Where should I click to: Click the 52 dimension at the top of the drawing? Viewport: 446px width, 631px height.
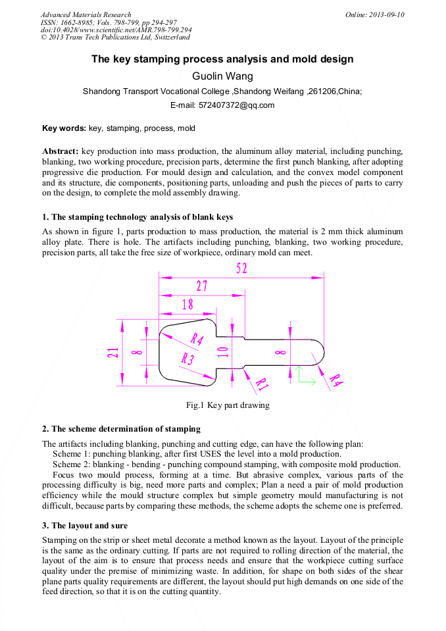point(242,269)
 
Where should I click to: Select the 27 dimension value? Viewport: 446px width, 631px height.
point(201,286)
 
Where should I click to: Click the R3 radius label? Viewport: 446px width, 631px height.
point(187,359)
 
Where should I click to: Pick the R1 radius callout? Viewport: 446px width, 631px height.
point(261,382)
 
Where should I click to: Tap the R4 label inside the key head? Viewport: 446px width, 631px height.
point(197,339)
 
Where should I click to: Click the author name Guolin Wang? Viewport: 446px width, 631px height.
point(222,76)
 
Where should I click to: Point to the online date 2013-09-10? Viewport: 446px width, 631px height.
point(386,14)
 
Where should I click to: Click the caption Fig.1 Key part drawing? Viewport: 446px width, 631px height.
point(222,405)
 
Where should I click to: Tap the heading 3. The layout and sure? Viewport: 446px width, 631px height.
point(85,526)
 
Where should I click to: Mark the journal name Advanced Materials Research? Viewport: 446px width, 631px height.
point(86,14)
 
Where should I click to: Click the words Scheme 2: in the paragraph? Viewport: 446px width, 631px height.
point(71,465)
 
